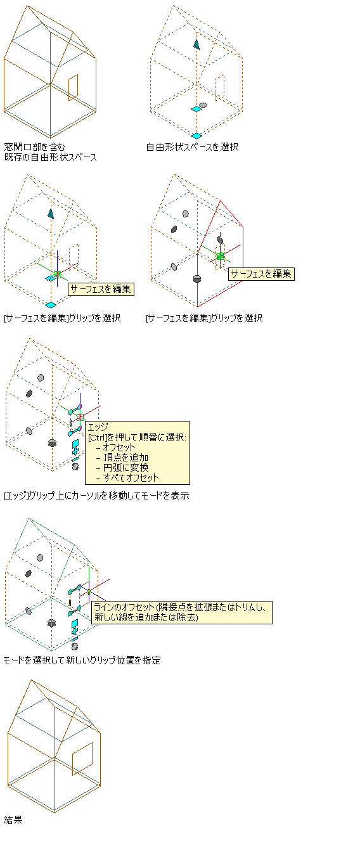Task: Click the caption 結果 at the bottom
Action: tap(13, 820)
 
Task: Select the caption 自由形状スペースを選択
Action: tap(192, 147)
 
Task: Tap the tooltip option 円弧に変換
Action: tap(125, 467)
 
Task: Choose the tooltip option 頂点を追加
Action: tap(125, 457)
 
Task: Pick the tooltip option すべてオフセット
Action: tap(131, 477)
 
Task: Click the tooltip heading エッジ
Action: tap(98, 427)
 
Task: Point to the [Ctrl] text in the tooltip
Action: tap(98, 437)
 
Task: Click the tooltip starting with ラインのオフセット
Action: tap(182, 612)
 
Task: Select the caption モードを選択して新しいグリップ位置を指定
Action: tap(82, 660)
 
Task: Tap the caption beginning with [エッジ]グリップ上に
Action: tap(96, 496)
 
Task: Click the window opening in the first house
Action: tap(74, 87)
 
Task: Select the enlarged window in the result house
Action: tap(82, 759)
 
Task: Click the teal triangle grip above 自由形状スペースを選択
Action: tap(196, 44)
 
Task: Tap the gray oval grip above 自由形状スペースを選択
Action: tap(203, 105)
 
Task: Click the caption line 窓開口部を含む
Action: tap(35, 147)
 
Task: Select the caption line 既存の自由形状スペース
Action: tap(51, 157)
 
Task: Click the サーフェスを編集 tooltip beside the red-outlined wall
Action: tap(261, 274)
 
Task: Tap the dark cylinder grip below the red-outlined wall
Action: tap(196, 278)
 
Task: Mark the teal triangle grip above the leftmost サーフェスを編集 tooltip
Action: tap(51, 214)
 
